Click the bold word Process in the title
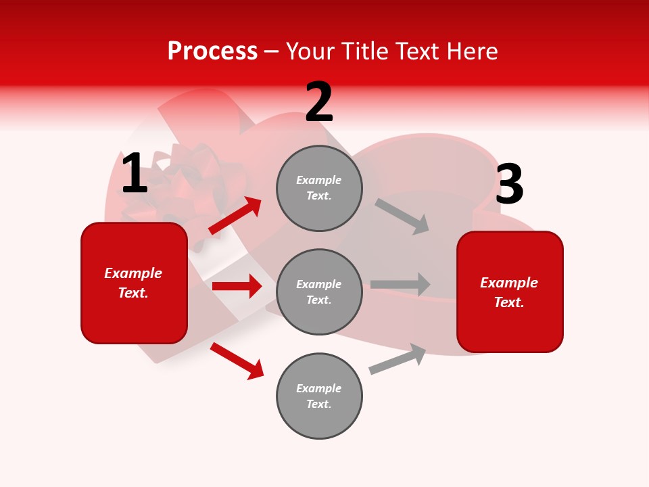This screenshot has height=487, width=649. (x=212, y=51)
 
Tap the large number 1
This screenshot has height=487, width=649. (x=135, y=173)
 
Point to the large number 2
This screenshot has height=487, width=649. (x=319, y=103)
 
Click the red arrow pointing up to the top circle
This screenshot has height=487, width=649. (x=235, y=215)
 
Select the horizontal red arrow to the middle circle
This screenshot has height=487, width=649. (x=237, y=286)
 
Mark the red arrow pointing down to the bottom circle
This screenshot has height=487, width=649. (x=237, y=361)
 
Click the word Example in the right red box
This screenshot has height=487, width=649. (x=509, y=283)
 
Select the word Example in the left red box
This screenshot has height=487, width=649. (x=133, y=273)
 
